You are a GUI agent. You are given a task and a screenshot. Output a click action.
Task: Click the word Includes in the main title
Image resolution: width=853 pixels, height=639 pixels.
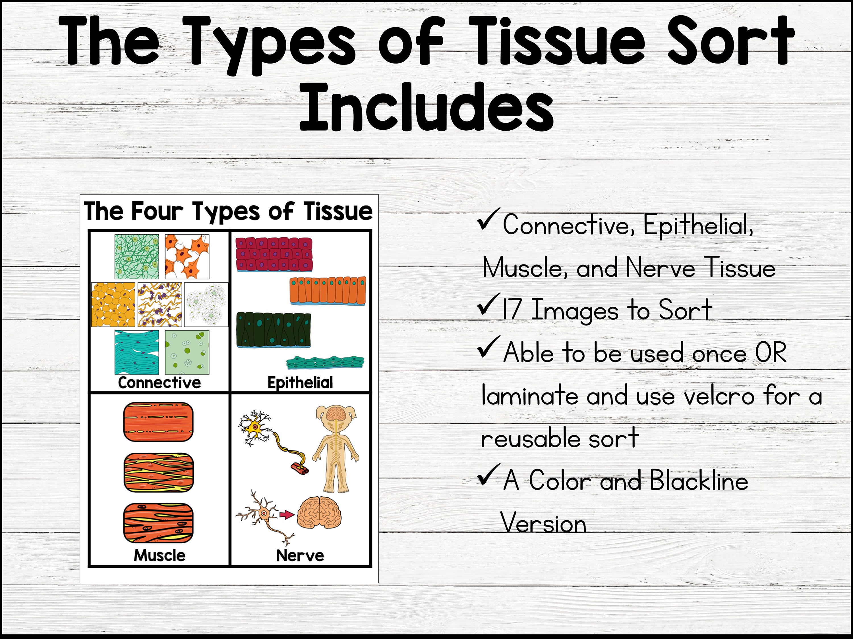point(426,107)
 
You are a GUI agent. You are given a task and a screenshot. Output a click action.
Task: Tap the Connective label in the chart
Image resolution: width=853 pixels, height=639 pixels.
point(159,383)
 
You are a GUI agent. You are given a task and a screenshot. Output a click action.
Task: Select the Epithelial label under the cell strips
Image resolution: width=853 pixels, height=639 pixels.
point(300,383)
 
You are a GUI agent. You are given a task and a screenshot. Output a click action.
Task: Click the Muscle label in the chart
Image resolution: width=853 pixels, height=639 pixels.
point(159,556)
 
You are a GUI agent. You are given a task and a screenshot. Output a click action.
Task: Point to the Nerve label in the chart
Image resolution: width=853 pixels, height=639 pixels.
point(300,556)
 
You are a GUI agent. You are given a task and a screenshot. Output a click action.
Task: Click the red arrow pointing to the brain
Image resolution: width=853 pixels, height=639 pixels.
point(287,515)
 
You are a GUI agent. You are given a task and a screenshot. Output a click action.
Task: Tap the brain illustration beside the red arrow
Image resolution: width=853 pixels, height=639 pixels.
point(319,513)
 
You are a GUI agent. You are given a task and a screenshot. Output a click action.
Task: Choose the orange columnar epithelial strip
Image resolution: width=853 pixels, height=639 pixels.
point(328,291)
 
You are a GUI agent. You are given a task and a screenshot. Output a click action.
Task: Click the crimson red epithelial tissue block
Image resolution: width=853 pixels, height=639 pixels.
point(274,254)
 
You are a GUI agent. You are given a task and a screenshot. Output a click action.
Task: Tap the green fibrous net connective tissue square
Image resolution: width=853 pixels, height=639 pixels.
point(136,256)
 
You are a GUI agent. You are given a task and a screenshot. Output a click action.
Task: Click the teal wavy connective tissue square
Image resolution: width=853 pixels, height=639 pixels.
point(136,352)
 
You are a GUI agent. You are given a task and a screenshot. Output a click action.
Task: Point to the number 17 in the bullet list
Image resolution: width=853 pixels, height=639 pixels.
point(511,310)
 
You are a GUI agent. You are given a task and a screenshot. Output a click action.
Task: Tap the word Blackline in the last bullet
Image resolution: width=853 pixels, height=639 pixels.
point(699,481)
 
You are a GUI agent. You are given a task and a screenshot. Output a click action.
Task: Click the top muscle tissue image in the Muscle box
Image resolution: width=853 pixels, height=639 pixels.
point(158,422)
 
